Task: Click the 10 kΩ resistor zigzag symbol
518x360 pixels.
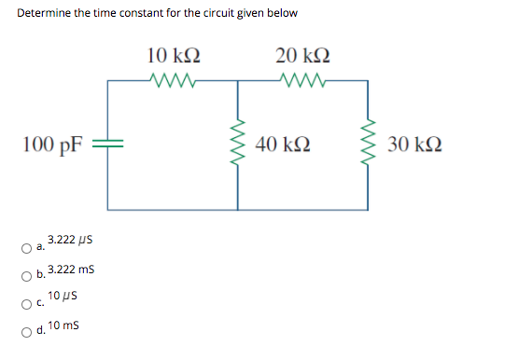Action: pyautogui.click(x=172, y=79)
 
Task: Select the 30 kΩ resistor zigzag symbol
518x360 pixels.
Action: pyautogui.click(x=367, y=145)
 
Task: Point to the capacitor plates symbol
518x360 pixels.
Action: pyautogui.click(x=107, y=145)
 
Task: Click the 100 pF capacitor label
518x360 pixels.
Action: pyautogui.click(x=53, y=145)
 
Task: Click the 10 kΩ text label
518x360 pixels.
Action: pyautogui.click(x=173, y=54)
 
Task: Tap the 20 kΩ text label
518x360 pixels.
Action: pyautogui.click(x=302, y=54)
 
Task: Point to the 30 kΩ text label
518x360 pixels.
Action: pyautogui.click(x=414, y=145)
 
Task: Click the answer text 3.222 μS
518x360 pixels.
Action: pyautogui.click(x=68, y=242)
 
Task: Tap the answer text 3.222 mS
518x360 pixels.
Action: pyautogui.click(x=69, y=270)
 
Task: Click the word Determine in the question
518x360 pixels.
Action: pyautogui.click(x=41, y=14)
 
